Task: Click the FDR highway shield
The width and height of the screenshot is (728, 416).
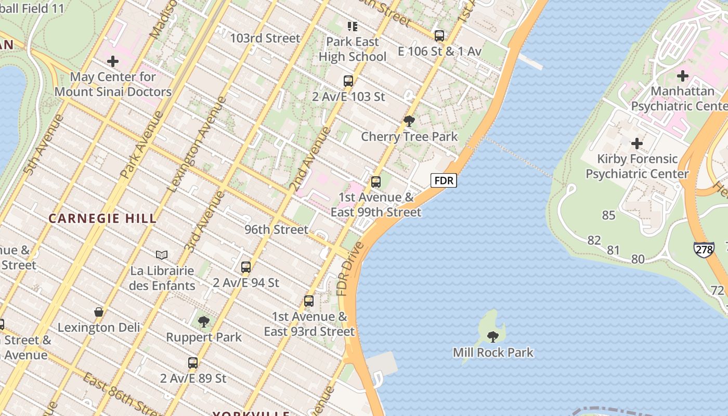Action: (x=444, y=180)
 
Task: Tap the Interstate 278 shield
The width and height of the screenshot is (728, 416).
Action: (x=703, y=248)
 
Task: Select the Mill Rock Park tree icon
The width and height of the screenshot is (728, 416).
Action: (x=492, y=336)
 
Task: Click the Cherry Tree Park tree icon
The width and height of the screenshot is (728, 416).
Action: (x=409, y=121)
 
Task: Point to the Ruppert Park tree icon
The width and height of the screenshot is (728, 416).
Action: (x=204, y=322)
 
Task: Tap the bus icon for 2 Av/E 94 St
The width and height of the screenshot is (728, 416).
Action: (x=246, y=267)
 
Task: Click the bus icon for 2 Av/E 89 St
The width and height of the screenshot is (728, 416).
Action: (x=193, y=363)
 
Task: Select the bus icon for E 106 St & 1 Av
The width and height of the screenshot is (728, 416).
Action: (x=439, y=36)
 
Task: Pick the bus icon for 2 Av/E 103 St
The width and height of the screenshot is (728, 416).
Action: (x=348, y=81)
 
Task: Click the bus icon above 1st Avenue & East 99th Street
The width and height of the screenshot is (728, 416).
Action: (x=376, y=182)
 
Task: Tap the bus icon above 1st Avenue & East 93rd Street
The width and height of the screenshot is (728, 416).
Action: (x=309, y=301)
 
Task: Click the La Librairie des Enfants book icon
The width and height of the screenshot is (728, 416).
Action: (x=162, y=255)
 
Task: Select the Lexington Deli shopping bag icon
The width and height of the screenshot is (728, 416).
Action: (x=99, y=312)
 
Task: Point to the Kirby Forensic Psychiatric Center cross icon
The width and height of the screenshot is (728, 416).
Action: (x=637, y=144)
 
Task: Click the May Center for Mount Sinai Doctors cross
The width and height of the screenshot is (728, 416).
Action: (x=113, y=62)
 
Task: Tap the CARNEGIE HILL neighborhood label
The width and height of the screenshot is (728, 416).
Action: (x=102, y=218)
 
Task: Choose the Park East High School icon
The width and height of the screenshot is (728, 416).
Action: (x=353, y=26)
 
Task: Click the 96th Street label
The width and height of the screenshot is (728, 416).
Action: (x=276, y=229)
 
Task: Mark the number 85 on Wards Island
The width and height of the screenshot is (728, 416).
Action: (x=608, y=215)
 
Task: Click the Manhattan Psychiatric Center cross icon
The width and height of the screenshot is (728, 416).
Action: (x=682, y=76)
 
